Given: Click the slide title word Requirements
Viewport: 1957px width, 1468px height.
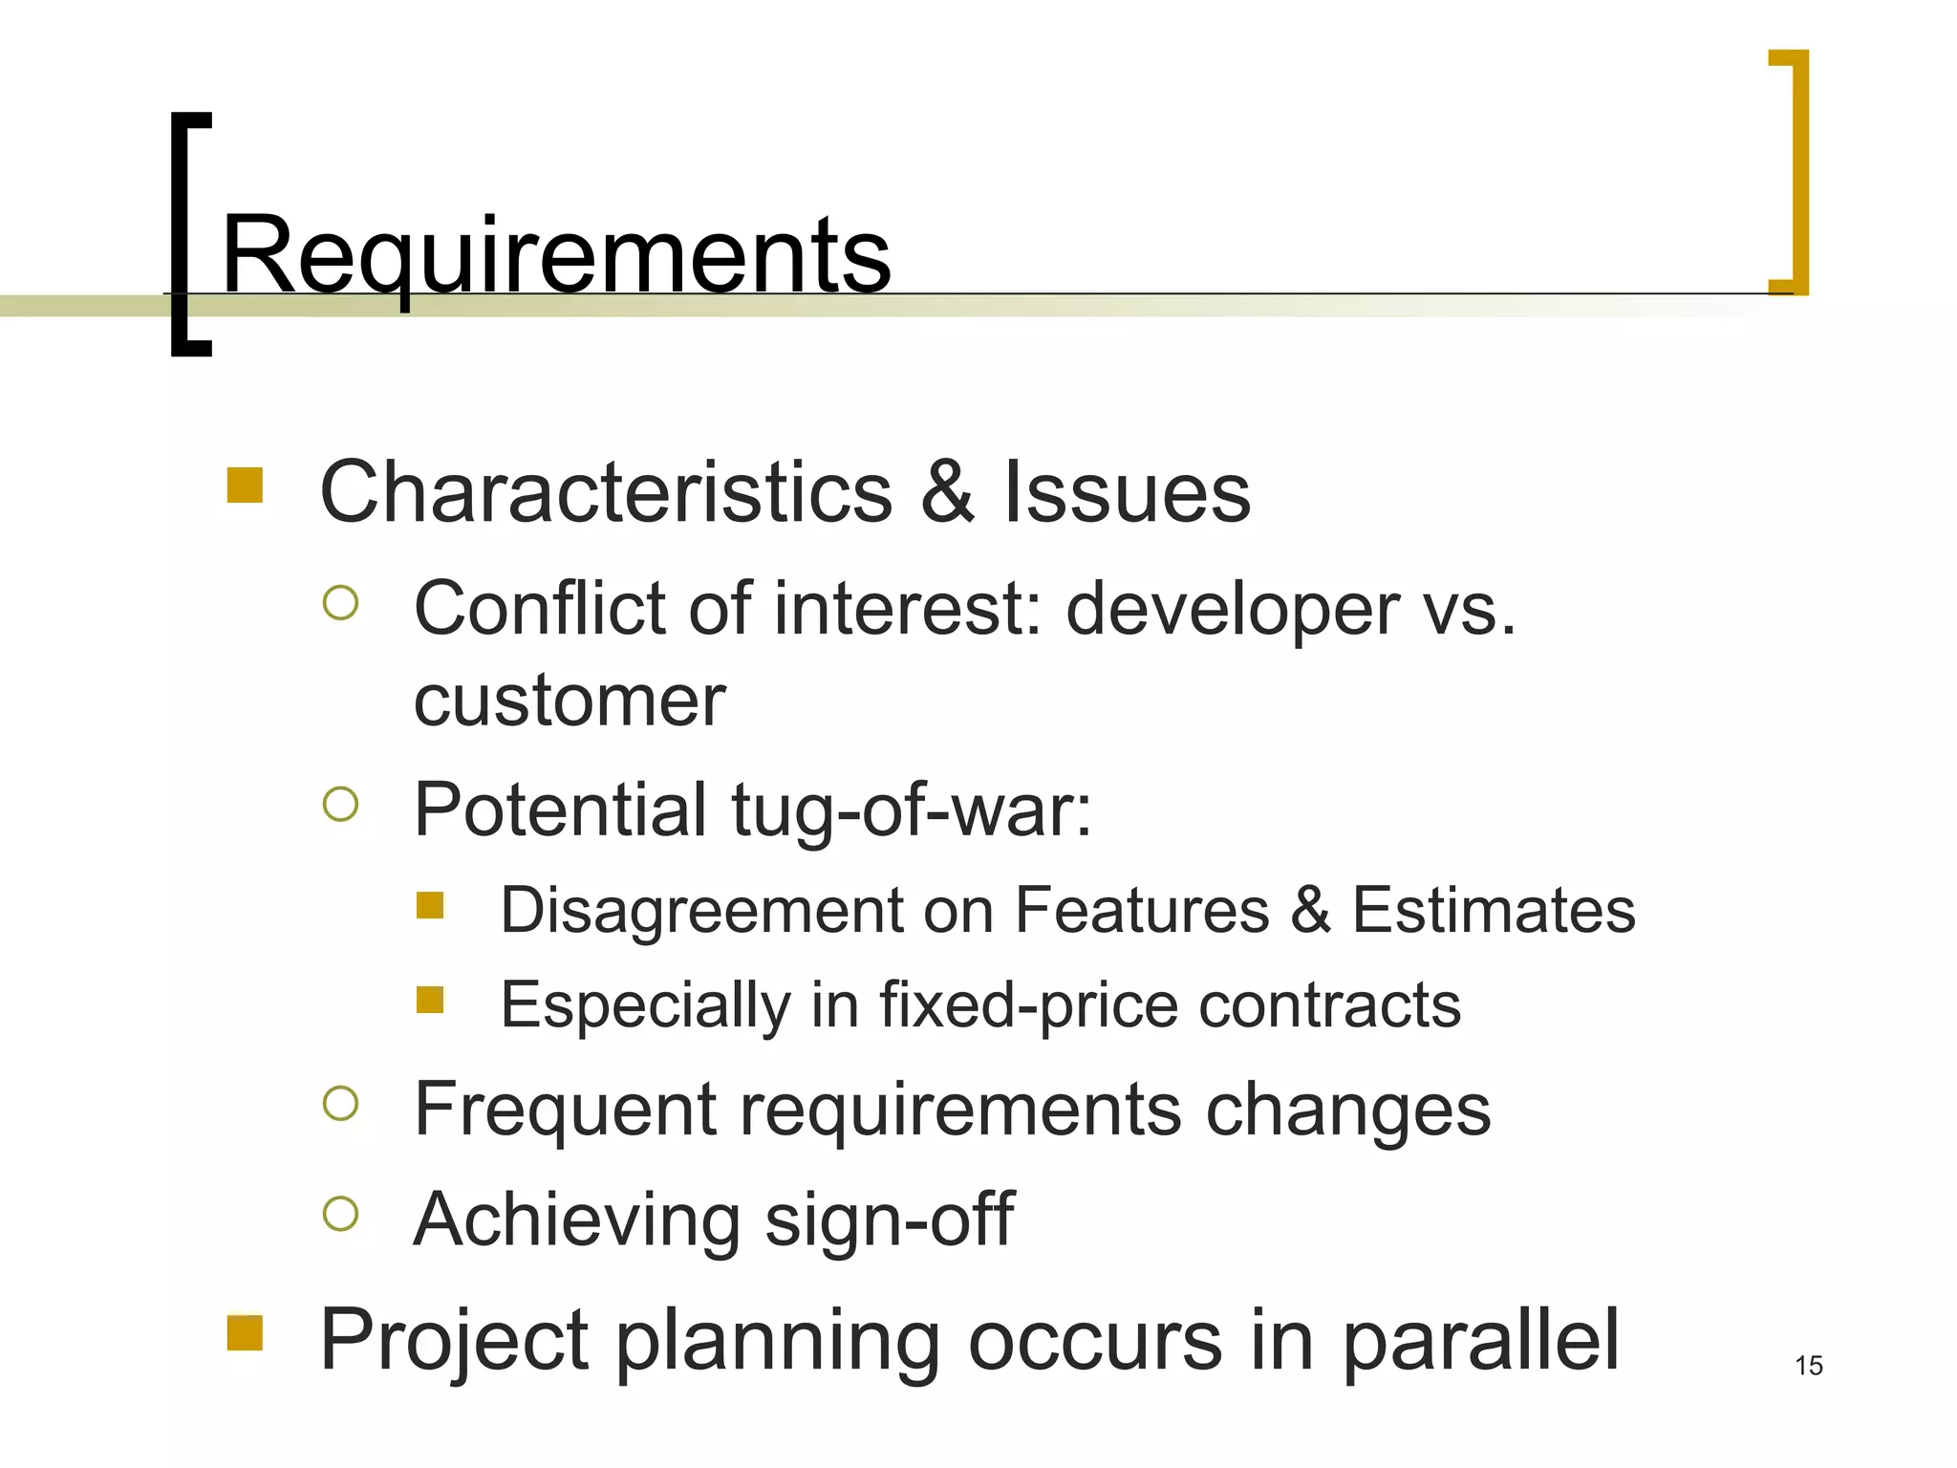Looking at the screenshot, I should pos(556,256).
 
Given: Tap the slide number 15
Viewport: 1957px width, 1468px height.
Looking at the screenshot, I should pos(1808,1366).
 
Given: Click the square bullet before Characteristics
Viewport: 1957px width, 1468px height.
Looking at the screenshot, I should pos(245,485).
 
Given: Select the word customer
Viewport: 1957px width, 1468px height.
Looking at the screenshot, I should pos(570,701).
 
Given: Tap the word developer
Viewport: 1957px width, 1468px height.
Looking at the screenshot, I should pos(1232,609).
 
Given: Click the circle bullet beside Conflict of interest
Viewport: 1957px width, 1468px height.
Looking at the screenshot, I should pos(341,603).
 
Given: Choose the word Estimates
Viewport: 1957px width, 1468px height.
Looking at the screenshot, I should pos(1494,910).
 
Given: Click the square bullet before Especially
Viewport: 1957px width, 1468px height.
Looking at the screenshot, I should pos(430,1000).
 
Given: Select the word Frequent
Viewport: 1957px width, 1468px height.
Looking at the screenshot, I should pos(564,1110).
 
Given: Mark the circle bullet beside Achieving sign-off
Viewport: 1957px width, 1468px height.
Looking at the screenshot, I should pos(341,1214).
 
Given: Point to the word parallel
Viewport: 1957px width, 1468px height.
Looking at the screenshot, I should pos(1480,1340).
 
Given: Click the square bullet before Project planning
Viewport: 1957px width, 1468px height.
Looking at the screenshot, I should pos(245,1333).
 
